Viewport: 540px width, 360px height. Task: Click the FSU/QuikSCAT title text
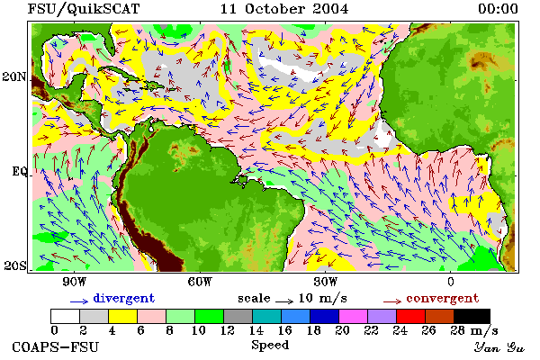[x=84, y=9]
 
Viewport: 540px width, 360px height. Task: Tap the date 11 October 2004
[x=284, y=9]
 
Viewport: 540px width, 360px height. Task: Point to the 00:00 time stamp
[x=498, y=9]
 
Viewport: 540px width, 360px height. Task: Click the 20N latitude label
[x=14, y=76]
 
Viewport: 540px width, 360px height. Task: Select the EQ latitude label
[x=19, y=171]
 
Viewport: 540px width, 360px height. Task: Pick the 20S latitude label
[x=15, y=265]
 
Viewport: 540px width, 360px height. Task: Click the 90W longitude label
[x=74, y=282]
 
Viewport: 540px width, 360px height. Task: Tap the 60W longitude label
[x=200, y=282]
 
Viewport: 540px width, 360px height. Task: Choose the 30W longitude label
[x=326, y=282]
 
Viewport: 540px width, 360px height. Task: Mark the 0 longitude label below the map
[x=451, y=282]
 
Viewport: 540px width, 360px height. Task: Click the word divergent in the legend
[x=124, y=299]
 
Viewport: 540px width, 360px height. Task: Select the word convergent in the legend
[x=443, y=299]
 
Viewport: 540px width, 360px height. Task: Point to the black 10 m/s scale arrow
[x=284, y=301]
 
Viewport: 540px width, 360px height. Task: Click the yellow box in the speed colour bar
[x=123, y=316]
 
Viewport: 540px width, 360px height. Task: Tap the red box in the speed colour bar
[x=411, y=316]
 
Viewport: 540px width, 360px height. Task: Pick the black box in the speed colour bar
[x=472, y=316]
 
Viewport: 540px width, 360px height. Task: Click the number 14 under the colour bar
[x=256, y=330]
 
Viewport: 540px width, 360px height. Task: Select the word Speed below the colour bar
[x=270, y=346]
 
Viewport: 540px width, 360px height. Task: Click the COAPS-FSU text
[x=56, y=346]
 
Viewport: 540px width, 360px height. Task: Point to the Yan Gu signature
[x=499, y=347]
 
